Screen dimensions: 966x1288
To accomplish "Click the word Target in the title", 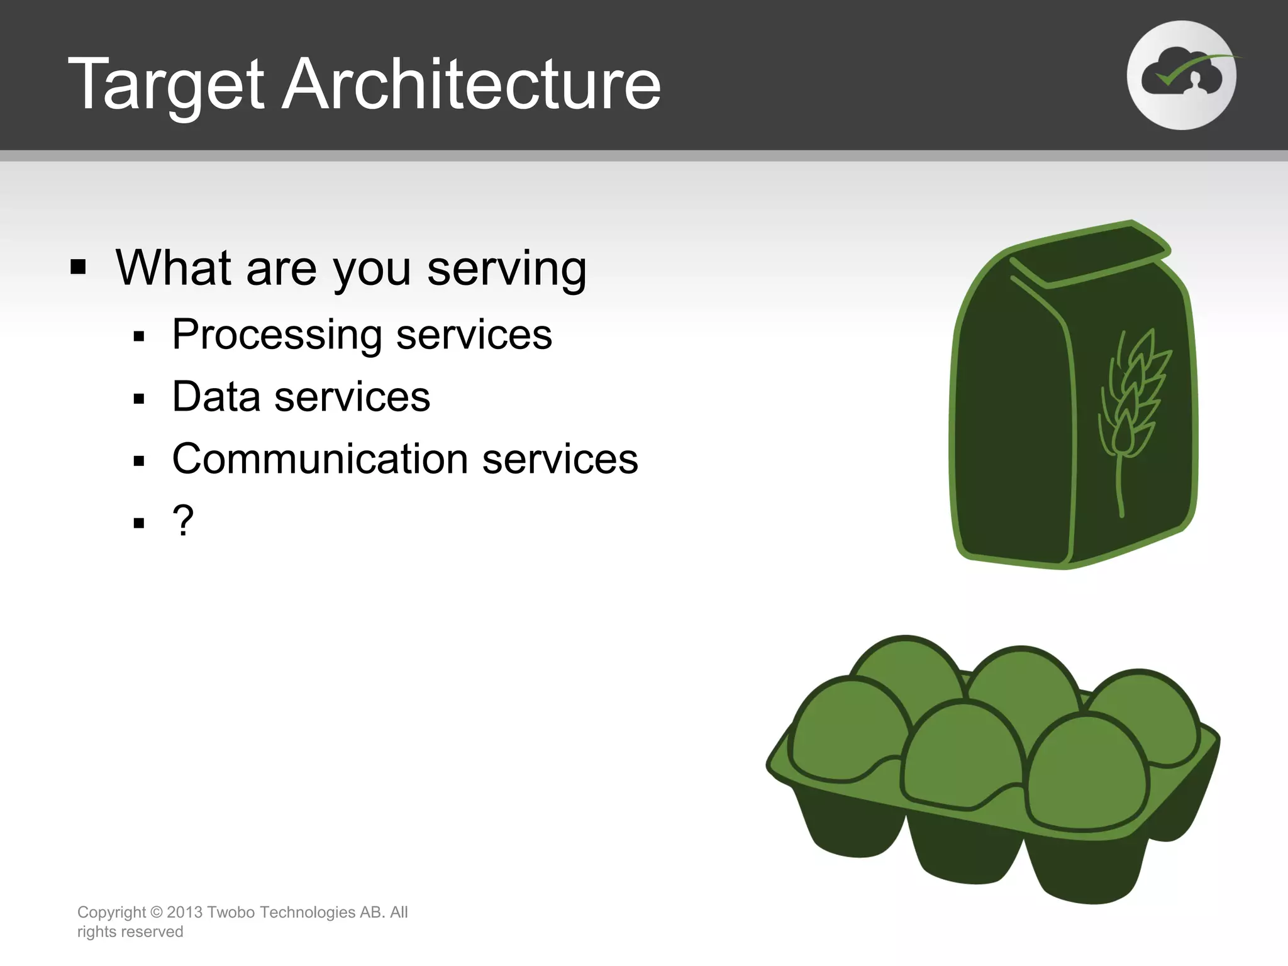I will coord(166,85).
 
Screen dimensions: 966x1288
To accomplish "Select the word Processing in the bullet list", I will coord(277,335).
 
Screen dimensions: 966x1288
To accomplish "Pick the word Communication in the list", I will coord(319,459).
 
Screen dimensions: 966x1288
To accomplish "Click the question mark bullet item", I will coord(183,521).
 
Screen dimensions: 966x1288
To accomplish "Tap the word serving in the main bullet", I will coord(507,269).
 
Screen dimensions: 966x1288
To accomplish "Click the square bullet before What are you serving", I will coord(78,267).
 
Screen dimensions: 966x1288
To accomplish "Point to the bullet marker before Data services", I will coord(139,399).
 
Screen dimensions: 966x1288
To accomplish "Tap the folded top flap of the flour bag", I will coord(1091,255).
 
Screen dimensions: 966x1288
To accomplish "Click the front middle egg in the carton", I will coord(962,755).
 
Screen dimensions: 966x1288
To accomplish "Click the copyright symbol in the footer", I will coord(157,913).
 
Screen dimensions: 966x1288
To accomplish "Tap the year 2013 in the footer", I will coord(184,913).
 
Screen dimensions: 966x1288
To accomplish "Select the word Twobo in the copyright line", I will coord(230,913).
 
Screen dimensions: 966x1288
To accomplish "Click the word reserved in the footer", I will coord(154,932).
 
